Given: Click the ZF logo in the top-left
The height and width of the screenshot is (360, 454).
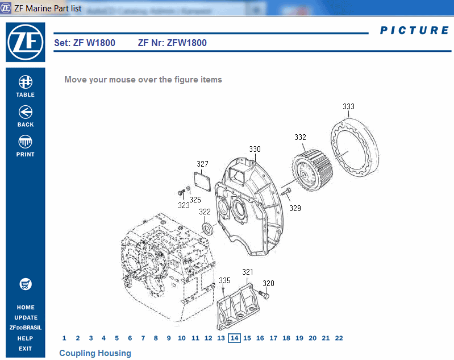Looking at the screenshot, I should (x=25, y=42).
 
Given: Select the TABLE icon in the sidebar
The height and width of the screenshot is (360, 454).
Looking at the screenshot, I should (x=25, y=82).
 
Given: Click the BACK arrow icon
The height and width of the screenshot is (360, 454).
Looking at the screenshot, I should (x=25, y=112).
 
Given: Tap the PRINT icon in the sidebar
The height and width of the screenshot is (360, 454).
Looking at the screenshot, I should (x=25, y=142).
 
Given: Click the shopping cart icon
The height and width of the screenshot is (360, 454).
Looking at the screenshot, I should (x=25, y=284).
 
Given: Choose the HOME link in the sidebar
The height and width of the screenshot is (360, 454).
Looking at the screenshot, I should (x=26, y=308).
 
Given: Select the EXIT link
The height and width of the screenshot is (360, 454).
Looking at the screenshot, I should (x=25, y=349).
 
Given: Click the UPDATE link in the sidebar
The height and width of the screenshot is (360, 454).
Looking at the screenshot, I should (x=26, y=318).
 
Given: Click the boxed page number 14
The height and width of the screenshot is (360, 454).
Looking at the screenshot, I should (x=234, y=338).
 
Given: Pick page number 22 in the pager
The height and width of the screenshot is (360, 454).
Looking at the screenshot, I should (x=339, y=338).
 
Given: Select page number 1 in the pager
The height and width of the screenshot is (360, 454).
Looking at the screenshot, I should (x=64, y=338).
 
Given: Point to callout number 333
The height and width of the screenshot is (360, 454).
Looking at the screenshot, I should (x=348, y=106).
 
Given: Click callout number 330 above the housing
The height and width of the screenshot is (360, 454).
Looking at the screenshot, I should (x=255, y=149).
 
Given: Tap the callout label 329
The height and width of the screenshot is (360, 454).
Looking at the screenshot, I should (x=295, y=208).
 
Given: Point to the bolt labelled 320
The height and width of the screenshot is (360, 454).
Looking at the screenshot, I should (x=265, y=295).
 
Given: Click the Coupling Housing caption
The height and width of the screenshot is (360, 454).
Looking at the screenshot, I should (x=95, y=353).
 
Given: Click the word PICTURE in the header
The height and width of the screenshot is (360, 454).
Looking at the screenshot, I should (x=414, y=31).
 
